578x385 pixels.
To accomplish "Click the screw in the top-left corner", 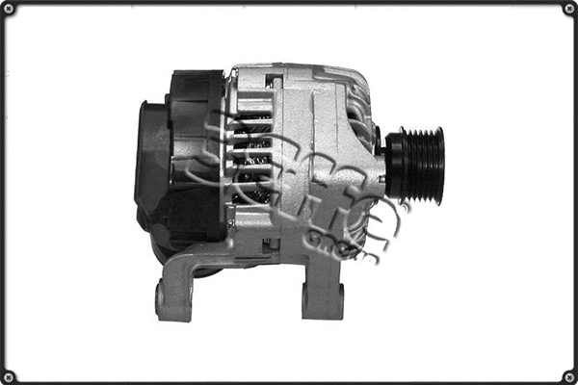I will (9, 9).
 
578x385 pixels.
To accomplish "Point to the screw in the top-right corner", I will (568, 9).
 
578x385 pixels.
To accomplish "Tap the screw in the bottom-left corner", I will (9, 375).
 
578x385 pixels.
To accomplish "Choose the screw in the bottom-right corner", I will (568, 375).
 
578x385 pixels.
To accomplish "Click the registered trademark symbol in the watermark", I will (404, 206).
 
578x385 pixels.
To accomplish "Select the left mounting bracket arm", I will (188, 279).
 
